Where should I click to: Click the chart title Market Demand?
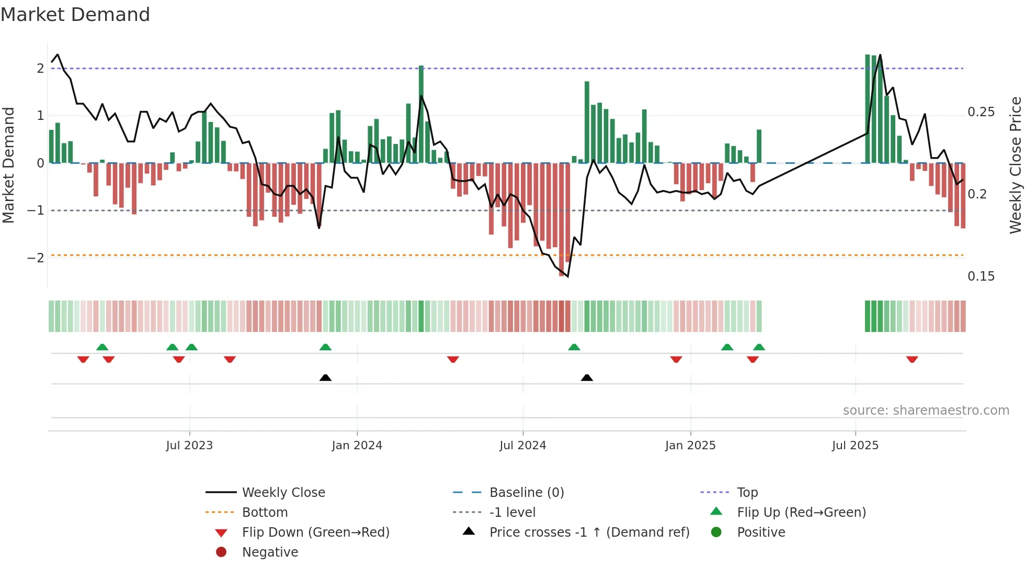tap(75, 15)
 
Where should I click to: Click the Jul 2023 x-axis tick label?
tap(189, 446)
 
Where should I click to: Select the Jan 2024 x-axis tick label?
tap(357, 446)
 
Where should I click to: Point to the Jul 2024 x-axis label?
tap(522, 446)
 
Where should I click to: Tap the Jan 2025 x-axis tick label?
tap(690, 446)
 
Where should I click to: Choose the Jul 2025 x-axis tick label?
tap(855, 446)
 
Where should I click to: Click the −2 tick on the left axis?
tap(36, 258)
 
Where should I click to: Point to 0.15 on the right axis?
tap(981, 276)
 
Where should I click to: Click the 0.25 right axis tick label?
tap(981, 112)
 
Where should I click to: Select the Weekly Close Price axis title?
tap(1015, 165)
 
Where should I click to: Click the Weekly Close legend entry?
tap(283, 493)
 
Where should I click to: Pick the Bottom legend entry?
tap(265, 513)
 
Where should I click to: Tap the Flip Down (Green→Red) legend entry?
tap(315, 532)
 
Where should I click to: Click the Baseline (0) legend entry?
tap(526, 493)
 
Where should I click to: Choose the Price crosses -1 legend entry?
tap(589, 532)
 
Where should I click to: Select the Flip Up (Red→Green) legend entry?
tap(801, 513)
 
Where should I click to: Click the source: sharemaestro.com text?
tap(926, 410)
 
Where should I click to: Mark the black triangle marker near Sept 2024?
tap(587, 378)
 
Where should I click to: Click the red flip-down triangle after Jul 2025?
tap(912, 360)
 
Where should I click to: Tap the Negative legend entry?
tap(270, 552)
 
